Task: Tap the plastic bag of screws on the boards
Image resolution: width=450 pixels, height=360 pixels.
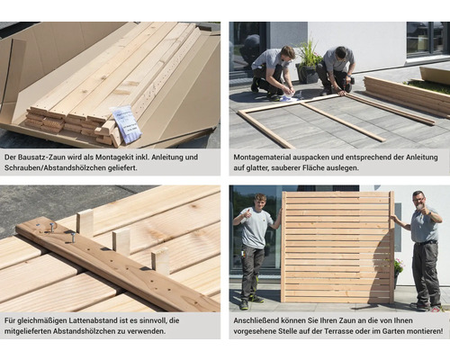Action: point(126,123)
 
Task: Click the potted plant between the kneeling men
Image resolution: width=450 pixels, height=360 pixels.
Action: point(308,62)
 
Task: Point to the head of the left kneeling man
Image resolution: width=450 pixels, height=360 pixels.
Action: point(287,53)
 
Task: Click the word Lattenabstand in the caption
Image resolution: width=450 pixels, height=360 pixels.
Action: point(94,320)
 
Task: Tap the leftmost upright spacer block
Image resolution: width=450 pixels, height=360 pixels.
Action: point(85,222)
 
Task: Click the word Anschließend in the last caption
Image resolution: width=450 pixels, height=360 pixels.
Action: point(256,320)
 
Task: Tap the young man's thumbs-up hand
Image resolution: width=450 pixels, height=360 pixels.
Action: point(247,214)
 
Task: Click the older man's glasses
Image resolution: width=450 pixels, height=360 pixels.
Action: point(418,200)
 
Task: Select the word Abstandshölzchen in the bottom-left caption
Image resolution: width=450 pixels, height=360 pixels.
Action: point(89,331)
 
